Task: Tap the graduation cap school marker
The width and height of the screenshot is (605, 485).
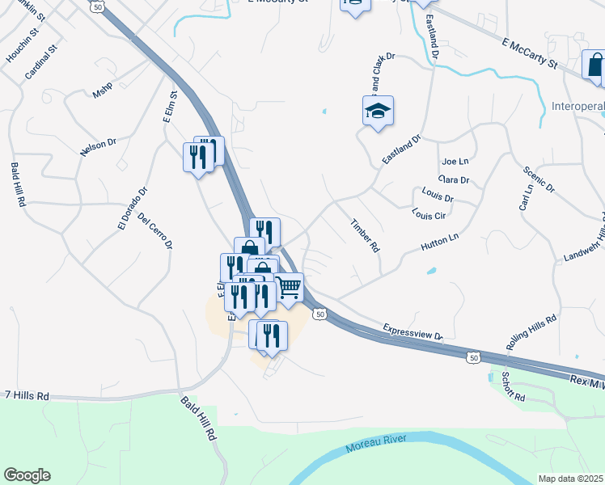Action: click(x=378, y=112)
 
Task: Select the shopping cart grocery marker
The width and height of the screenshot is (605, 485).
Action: click(x=289, y=289)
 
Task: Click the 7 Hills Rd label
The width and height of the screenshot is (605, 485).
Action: click(x=27, y=396)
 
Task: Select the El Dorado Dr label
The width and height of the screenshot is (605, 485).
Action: click(x=132, y=209)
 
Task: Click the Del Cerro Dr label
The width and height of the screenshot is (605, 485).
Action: click(x=155, y=230)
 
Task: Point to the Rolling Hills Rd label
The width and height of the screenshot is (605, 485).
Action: click(x=531, y=332)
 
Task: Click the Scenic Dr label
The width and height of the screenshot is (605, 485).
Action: click(x=539, y=179)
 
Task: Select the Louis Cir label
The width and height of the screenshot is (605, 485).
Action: click(x=429, y=214)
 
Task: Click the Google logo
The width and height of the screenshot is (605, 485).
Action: click(x=27, y=475)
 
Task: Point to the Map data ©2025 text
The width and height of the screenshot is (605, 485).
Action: click(x=570, y=478)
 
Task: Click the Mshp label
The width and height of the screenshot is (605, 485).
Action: click(x=102, y=93)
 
